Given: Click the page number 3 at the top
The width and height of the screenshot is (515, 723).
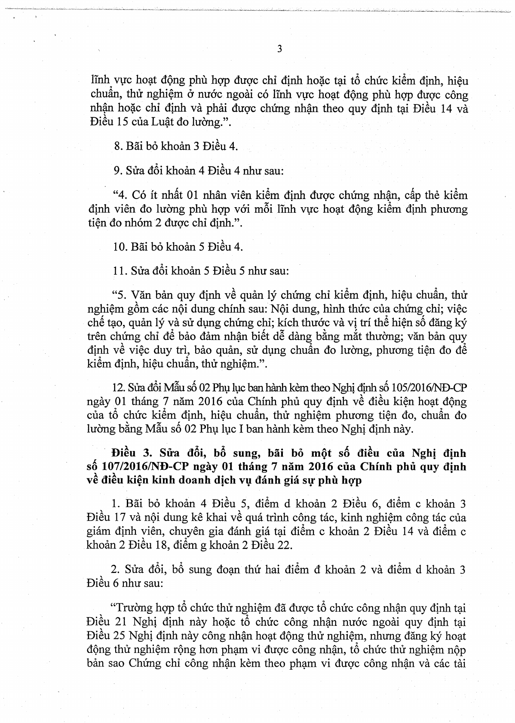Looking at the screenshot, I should click(279, 49).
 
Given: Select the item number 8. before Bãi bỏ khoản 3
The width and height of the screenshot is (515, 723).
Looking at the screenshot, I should click(118, 146).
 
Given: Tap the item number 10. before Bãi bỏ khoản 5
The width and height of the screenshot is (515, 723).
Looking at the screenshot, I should click(120, 247).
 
